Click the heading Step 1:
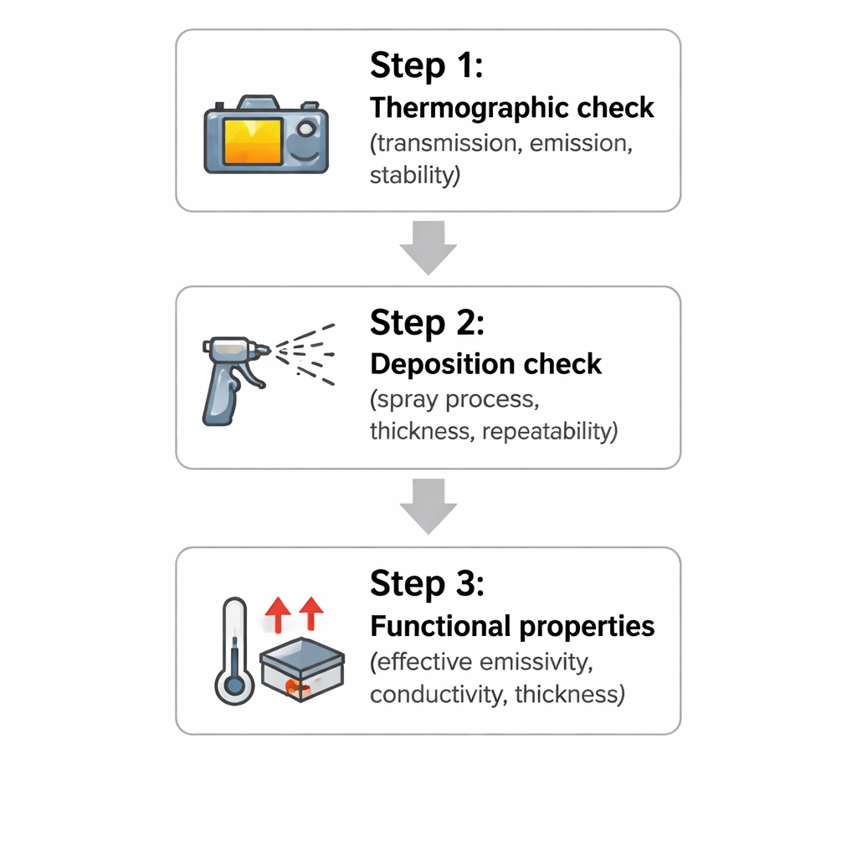coord(426,65)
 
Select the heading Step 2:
coord(427,322)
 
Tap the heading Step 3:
coord(427,583)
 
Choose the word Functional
coord(440,626)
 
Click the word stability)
coord(415,176)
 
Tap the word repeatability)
coord(550,431)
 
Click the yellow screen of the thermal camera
coord(253,141)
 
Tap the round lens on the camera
coord(306,129)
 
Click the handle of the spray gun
coord(220,396)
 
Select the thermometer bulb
coord(234,684)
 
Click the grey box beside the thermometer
coord(301,670)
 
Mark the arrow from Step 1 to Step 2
coord(428,248)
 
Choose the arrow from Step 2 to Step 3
coord(428,506)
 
